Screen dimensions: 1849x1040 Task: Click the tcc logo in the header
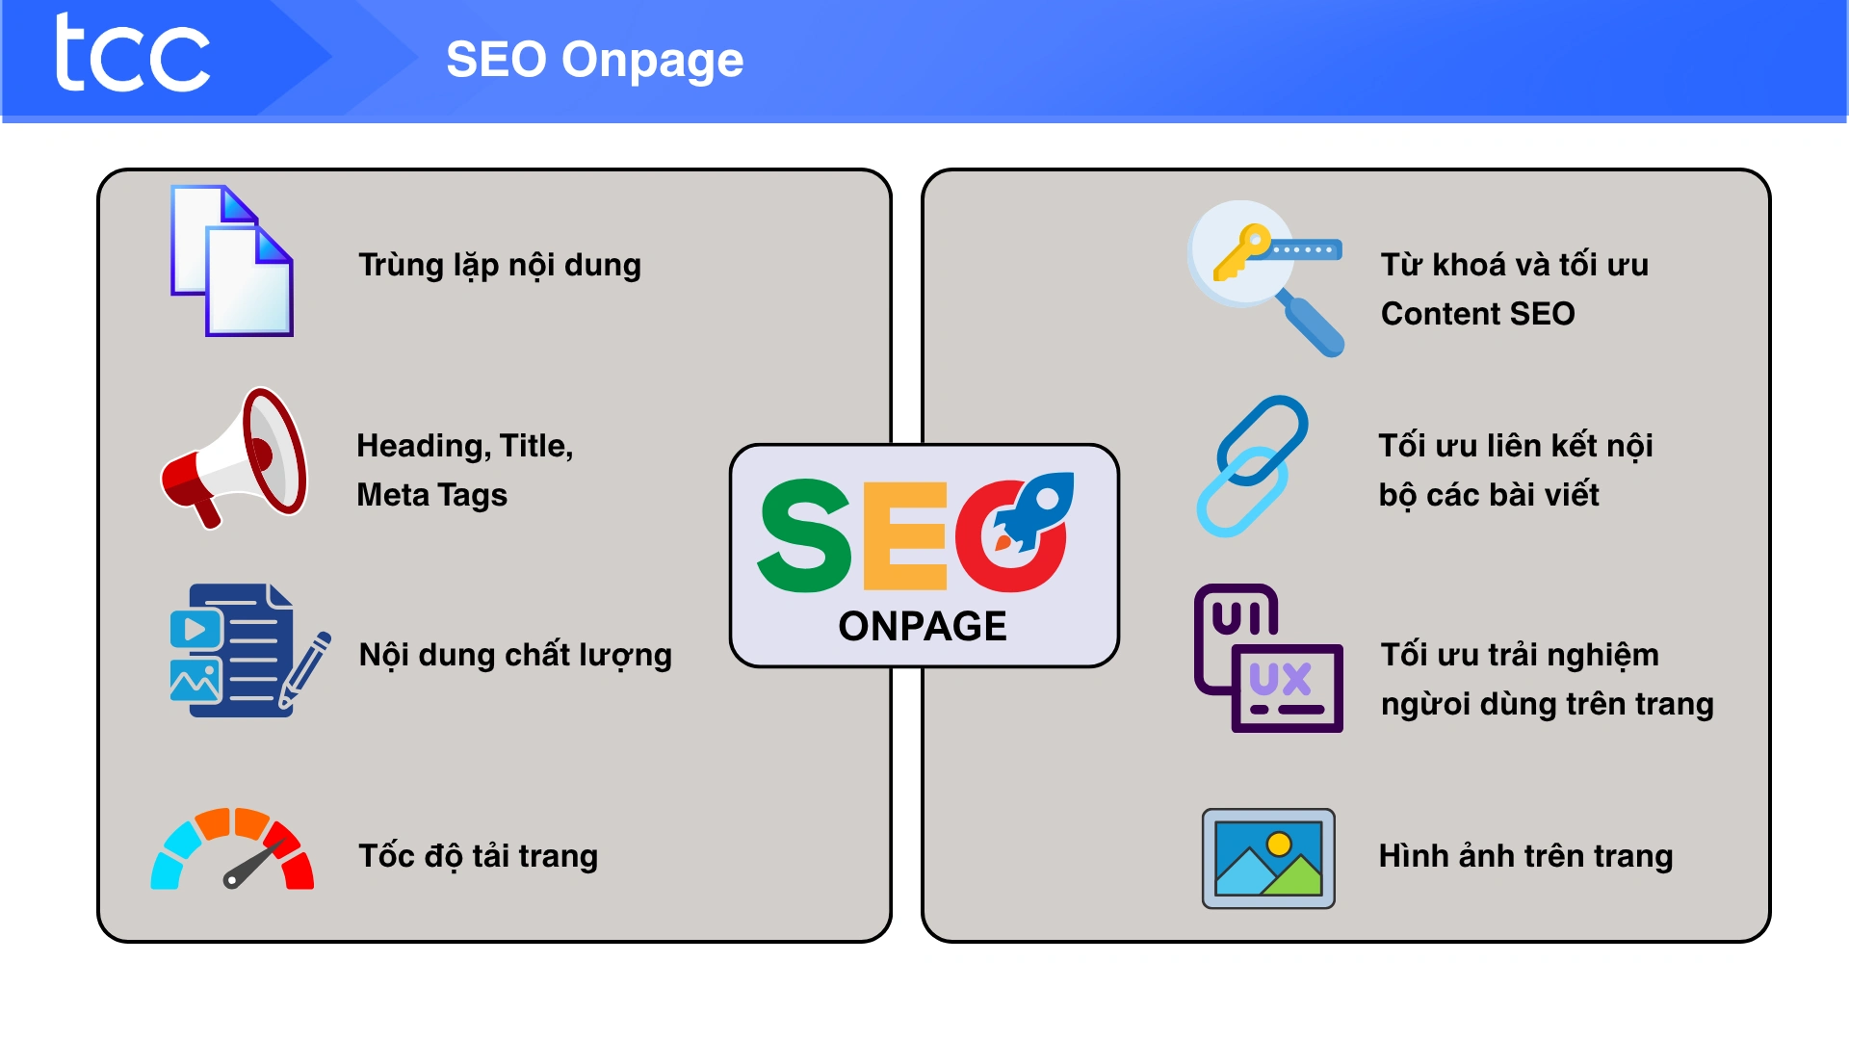click(x=132, y=54)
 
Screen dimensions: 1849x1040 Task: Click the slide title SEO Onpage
click(x=594, y=60)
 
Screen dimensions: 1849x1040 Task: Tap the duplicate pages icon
click(x=232, y=260)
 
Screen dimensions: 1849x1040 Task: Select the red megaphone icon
click(x=234, y=457)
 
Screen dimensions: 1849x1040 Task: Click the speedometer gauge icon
click(x=232, y=848)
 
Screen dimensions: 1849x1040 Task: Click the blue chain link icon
click(x=1252, y=465)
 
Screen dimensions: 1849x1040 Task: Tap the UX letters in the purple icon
click(x=1280, y=679)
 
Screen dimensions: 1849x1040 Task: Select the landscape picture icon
click(x=1268, y=858)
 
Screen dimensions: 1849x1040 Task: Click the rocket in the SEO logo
click(x=1034, y=510)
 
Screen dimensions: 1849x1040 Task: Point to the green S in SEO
click(x=805, y=535)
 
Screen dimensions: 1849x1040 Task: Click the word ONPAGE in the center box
click(x=923, y=626)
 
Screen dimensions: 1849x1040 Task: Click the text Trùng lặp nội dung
click(x=500, y=265)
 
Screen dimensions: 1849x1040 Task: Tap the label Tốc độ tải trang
click(x=479, y=855)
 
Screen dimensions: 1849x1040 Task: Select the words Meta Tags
click(x=431, y=495)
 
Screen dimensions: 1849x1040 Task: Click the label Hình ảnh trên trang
click(x=1525, y=855)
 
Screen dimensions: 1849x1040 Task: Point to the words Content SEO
click(x=1477, y=314)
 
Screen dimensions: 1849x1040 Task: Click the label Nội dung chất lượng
click(x=515, y=655)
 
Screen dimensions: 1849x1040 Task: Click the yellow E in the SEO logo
click(x=905, y=535)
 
